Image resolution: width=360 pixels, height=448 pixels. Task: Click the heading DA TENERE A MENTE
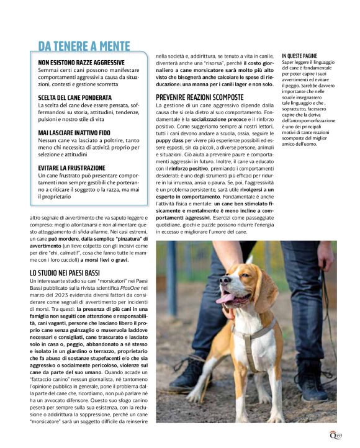(x=84, y=46)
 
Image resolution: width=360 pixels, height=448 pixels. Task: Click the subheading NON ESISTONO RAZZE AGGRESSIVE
(x=81, y=63)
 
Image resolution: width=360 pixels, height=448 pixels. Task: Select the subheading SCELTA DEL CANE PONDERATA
(x=74, y=98)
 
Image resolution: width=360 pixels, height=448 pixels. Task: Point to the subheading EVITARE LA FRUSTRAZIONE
(x=71, y=168)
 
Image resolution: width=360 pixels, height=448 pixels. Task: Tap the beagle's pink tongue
(x=225, y=298)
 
